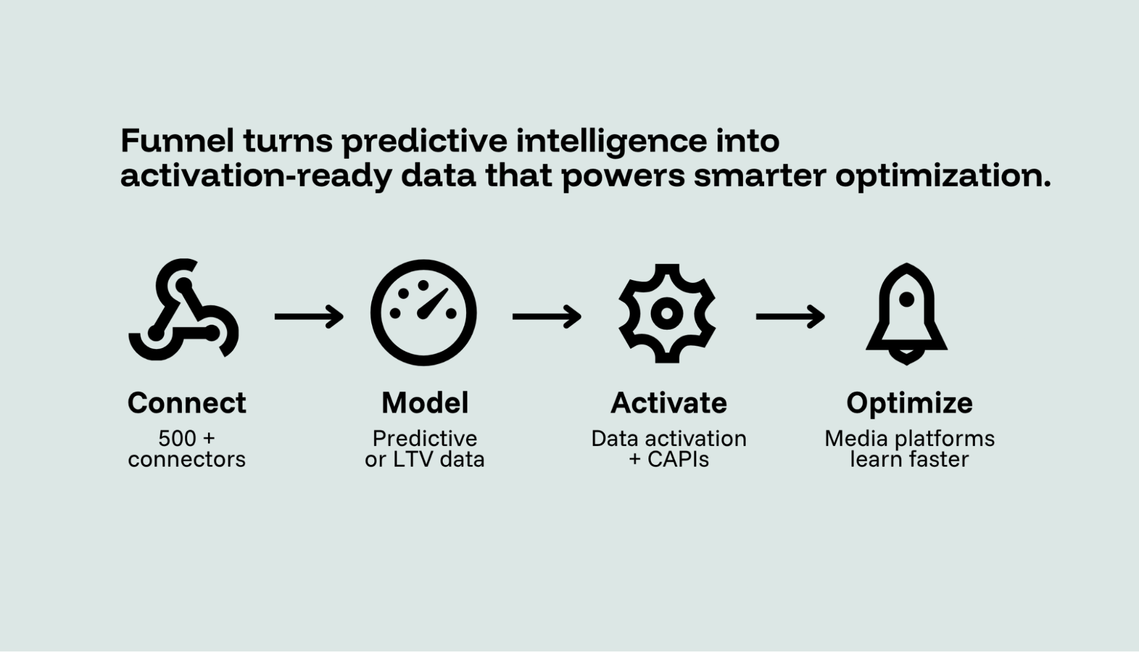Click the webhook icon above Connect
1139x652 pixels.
coord(182,311)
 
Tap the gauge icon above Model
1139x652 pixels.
coord(423,313)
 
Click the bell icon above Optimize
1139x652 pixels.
coord(906,314)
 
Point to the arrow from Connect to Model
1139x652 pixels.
coord(309,316)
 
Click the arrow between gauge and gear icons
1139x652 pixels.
coord(546,316)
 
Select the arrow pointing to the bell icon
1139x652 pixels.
coord(790,316)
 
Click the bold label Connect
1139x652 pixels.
coord(186,403)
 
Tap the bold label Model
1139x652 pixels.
coord(424,403)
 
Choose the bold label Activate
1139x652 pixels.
coord(668,403)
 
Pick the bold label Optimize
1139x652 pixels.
coord(909,403)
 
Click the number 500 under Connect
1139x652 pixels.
coord(177,439)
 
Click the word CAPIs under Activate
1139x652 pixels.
coord(678,459)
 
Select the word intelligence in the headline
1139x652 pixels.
coord(611,141)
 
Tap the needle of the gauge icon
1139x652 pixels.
coord(433,303)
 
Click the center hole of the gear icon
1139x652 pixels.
coord(667,313)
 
